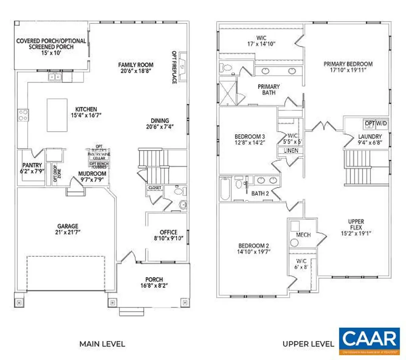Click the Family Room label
[136, 65]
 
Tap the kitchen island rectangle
[59, 115]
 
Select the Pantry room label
[33, 166]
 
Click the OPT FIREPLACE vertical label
[174, 67]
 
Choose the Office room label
[169, 232]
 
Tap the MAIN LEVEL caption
[102, 344]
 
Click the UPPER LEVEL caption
[308, 344]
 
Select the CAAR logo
[369, 341]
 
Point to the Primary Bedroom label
[348, 64]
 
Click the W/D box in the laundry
[383, 123]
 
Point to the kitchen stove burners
[23, 115]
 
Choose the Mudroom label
[92, 173]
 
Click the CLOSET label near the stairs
[154, 188]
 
